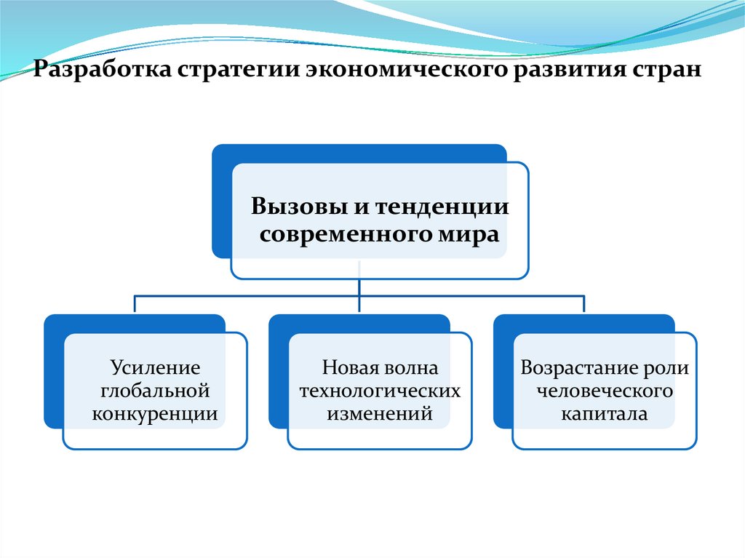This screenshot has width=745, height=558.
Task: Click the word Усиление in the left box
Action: [155, 367]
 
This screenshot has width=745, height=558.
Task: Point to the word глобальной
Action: [155, 391]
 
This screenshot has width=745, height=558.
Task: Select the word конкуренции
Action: [155, 414]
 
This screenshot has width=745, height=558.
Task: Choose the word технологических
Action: [380, 391]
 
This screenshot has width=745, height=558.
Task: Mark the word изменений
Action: [380, 414]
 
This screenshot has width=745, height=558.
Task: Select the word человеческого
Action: [604, 391]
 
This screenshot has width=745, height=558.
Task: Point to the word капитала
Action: [604, 414]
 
